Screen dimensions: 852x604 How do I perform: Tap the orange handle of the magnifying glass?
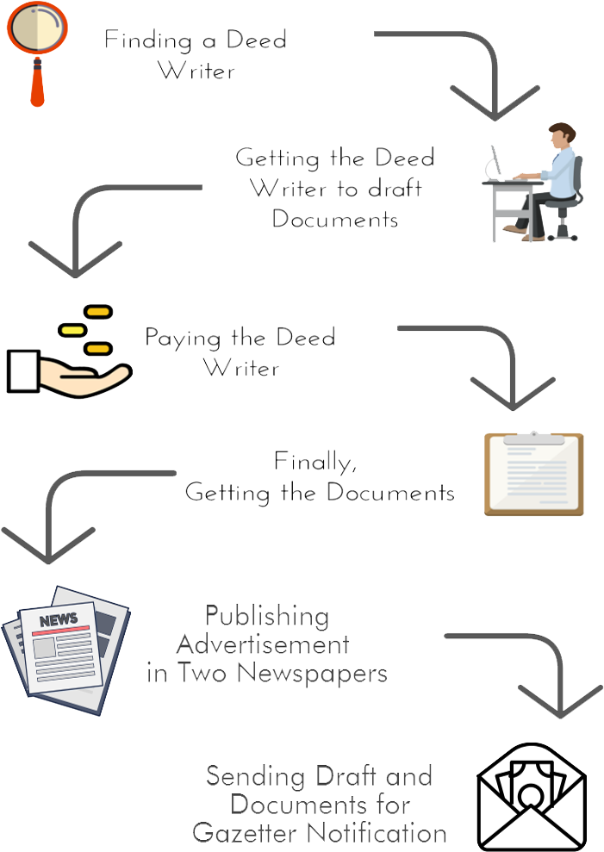point(37,87)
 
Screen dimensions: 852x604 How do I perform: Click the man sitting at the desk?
point(551,181)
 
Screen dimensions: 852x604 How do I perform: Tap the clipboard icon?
point(534,474)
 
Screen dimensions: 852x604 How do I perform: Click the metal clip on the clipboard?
point(534,440)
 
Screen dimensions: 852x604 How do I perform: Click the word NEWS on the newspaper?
point(58,619)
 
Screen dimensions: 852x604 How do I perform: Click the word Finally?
point(315,463)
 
